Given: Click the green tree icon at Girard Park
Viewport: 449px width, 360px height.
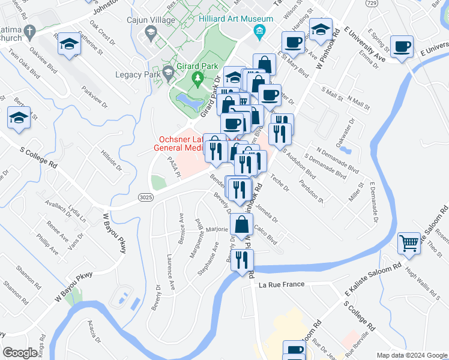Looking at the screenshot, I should pos(196,78).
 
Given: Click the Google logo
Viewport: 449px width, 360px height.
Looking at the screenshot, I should pos(20,353).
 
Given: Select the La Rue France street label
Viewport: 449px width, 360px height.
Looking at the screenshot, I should pos(282,284).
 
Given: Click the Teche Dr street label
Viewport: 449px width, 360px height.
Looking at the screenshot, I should pos(280,181).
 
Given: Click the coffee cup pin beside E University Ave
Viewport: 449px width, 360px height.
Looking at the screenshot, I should pos(401,46).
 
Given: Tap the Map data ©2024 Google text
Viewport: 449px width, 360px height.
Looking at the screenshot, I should pos(411,355).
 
